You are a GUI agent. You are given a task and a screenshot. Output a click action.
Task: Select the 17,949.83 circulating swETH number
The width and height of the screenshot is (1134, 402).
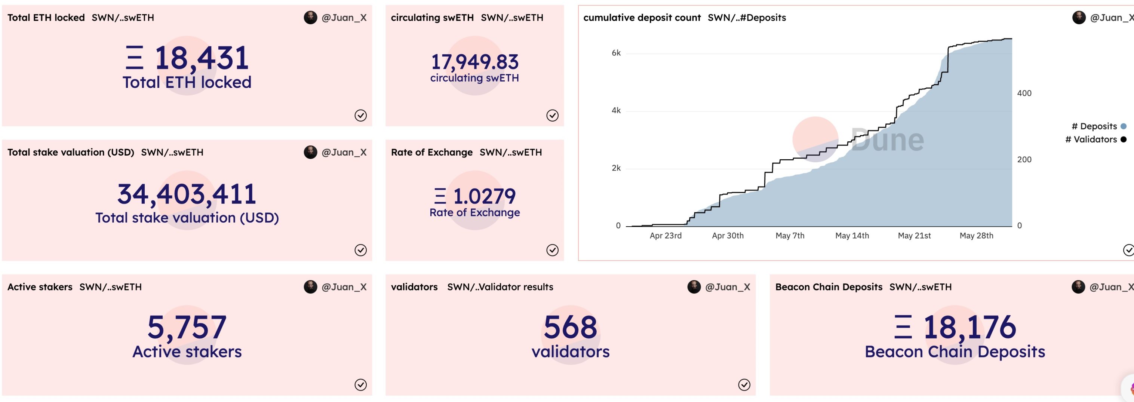point(474,62)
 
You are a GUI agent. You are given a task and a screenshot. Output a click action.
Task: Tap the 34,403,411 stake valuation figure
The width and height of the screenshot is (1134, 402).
point(187,194)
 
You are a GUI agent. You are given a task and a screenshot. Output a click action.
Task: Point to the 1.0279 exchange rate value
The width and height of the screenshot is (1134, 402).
point(484,196)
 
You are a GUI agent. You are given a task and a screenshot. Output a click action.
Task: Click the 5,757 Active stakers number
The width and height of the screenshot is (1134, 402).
point(187,327)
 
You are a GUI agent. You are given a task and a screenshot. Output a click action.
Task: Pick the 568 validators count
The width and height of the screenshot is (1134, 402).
point(571,327)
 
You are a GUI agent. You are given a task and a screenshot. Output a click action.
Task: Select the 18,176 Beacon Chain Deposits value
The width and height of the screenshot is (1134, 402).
point(969,327)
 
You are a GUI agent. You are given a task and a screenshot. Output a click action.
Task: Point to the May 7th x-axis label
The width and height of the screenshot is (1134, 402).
point(790,236)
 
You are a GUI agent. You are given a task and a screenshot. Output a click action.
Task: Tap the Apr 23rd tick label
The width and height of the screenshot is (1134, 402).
point(665,236)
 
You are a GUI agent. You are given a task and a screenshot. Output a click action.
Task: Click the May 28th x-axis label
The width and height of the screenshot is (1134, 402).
point(976,236)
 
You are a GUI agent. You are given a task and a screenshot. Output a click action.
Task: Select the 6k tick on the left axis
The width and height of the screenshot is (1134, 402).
point(616,53)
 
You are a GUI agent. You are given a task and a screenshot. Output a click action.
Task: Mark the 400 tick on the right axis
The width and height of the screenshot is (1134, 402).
point(1024,93)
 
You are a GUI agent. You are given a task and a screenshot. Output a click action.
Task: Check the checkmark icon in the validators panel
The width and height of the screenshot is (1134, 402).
point(744,385)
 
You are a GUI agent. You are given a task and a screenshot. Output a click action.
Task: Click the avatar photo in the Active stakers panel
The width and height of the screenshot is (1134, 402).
point(310,287)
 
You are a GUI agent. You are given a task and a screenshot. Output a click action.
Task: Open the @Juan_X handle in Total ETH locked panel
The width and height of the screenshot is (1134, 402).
point(344,18)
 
